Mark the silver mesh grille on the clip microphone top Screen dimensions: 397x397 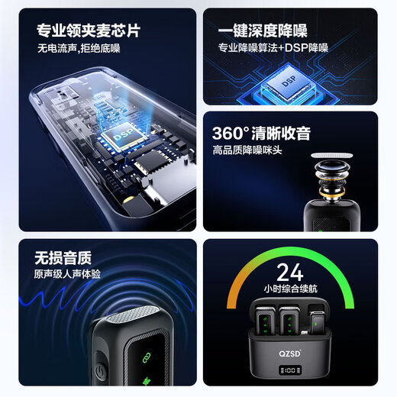pos(134,321)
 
